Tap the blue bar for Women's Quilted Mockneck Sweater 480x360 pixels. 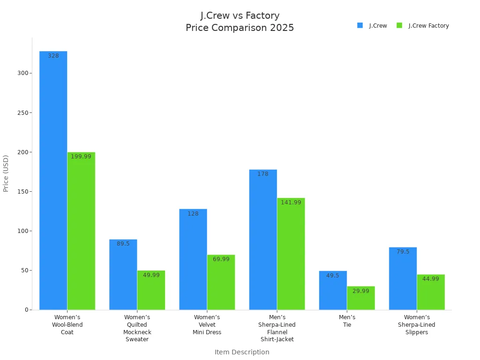pos(123,277)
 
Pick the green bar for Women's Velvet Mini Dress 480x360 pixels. pos(221,284)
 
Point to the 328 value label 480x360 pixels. pos(53,56)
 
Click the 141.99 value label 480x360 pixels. pos(291,202)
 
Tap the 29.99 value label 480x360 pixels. pos(361,291)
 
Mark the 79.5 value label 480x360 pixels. pos(403,252)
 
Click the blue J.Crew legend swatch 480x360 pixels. pos(360,25)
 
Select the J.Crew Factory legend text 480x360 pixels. pos(428,26)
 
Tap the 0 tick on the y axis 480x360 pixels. pos(27,310)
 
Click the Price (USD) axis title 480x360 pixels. pos(6,173)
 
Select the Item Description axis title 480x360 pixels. pos(242,352)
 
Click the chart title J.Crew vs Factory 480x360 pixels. pos(240,16)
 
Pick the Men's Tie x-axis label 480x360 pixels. pos(347,321)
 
